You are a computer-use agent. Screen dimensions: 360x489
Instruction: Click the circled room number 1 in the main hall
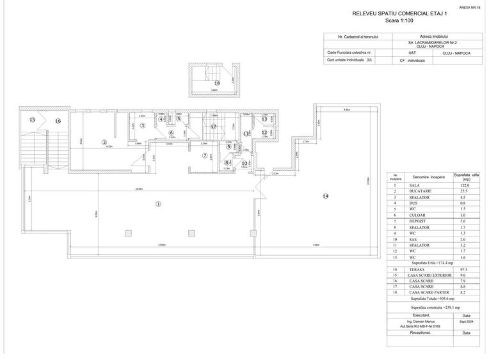(x=158, y=204)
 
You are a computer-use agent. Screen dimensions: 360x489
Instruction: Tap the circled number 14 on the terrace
(x=325, y=195)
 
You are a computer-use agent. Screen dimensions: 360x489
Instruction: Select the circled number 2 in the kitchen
(x=104, y=142)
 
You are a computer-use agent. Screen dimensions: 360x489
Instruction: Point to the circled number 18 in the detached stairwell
(x=217, y=83)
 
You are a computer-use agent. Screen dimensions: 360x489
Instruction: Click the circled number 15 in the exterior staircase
(x=31, y=120)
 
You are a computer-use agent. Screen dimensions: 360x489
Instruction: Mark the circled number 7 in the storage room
(x=205, y=155)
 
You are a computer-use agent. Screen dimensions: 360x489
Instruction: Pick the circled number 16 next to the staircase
(x=57, y=120)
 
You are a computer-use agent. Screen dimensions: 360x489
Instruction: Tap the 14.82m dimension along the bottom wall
(x=163, y=246)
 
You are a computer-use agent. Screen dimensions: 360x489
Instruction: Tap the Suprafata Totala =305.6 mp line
(x=433, y=299)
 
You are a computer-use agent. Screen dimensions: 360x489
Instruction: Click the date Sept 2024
(x=466, y=322)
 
